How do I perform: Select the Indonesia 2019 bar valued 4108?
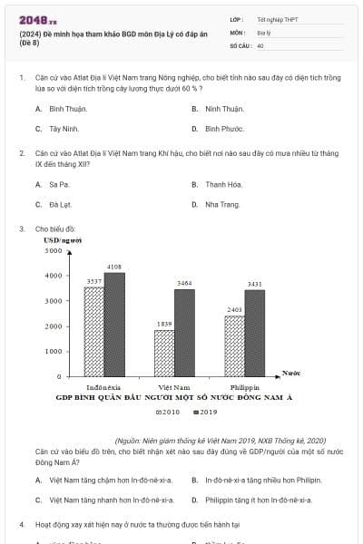coord(114,324)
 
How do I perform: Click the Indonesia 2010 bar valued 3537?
coord(94,331)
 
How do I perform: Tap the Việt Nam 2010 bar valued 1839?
coord(164,353)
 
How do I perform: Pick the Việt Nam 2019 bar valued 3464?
coord(184,332)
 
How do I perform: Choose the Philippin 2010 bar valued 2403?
coord(234,345)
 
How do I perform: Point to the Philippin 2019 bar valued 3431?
coord(254,333)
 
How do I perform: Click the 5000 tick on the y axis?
coord(53,250)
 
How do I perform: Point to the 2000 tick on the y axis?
coord(53,325)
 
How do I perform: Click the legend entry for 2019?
coord(207,413)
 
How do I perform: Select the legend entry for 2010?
coord(169,413)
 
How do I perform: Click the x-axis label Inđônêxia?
coord(104,386)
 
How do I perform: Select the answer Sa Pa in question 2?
coord(59,184)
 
